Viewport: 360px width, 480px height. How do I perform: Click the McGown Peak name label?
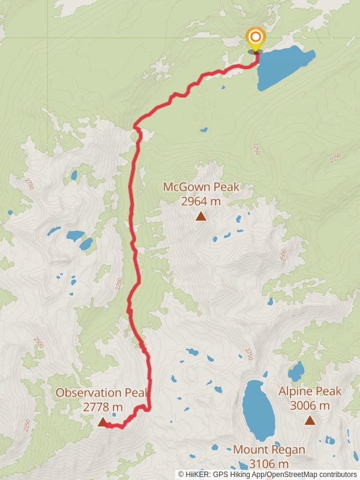[201, 187]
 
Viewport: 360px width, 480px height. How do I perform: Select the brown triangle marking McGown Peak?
[201, 216]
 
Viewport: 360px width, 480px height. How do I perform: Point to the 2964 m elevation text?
[201, 201]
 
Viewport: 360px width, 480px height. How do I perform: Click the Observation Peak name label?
[101, 392]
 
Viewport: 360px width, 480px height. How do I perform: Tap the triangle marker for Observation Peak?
[102, 422]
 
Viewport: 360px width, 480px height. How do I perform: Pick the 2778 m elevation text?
[103, 407]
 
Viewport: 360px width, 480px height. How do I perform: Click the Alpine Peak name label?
[310, 391]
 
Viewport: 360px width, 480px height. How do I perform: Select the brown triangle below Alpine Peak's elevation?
[310, 420]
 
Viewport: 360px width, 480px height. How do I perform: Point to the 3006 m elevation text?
[310, 406]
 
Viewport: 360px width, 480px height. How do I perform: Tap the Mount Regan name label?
[269, 449]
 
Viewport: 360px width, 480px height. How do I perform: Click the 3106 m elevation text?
[269, 464]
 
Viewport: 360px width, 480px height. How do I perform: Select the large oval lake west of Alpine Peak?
[258, 410]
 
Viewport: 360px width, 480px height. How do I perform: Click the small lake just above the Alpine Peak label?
[296, 372]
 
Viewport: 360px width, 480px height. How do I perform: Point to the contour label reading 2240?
[257, 148]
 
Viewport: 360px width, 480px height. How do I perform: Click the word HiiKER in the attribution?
[197, 474]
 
